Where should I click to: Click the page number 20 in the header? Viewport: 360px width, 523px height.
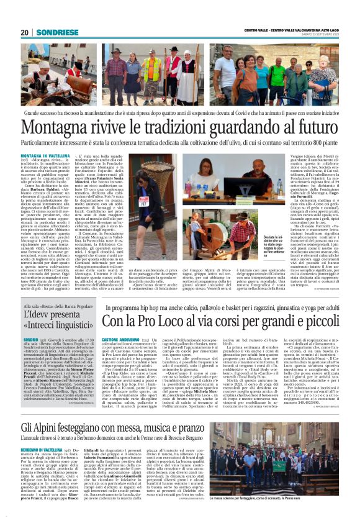click(24, 33)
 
